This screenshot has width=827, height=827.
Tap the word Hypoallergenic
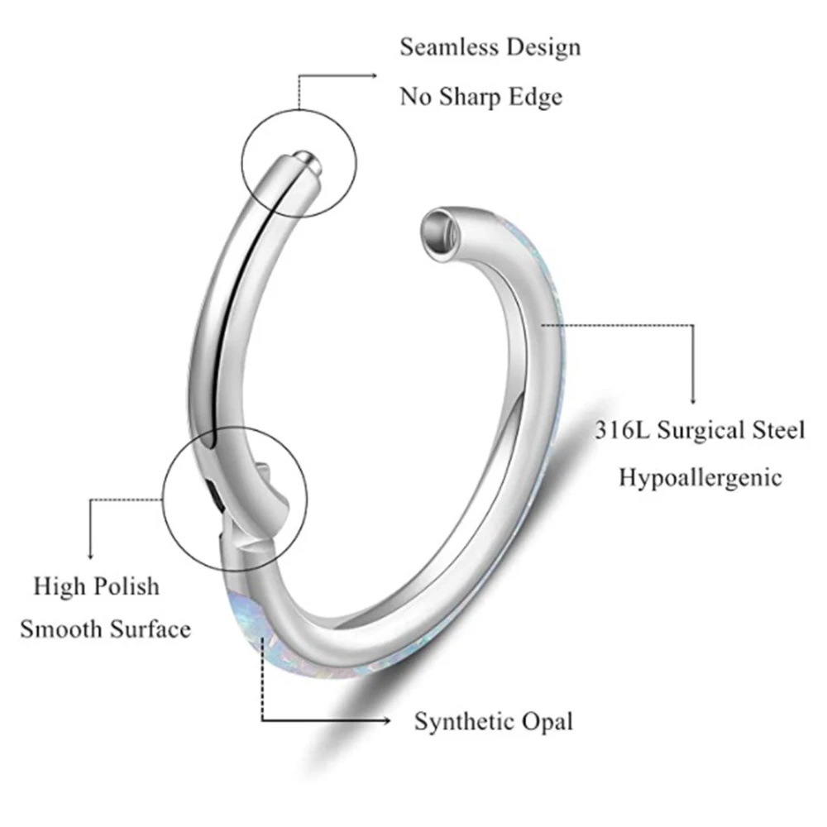coord(700,478)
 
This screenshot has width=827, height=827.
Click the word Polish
coord(125,587)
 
